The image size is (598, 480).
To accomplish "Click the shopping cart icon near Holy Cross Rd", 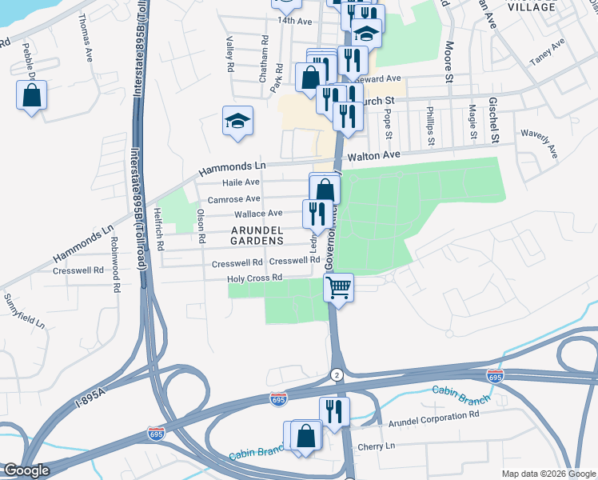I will point(339,286).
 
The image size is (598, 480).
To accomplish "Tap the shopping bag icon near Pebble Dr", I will point(31,96).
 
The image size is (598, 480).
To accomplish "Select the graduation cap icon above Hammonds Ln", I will point(237,122).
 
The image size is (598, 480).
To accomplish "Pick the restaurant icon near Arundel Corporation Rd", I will point(334,411).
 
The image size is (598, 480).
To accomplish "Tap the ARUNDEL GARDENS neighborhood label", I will point(257,235).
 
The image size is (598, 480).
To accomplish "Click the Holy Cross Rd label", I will point(255,278).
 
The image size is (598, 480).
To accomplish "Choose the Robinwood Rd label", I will point(114,257).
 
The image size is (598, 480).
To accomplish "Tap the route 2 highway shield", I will point(337,374).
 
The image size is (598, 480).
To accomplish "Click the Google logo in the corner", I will point(26,470).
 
